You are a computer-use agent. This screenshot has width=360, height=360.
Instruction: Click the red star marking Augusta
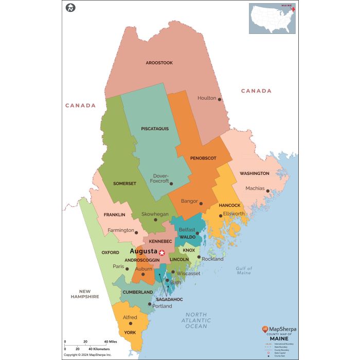click(x=162, y=252)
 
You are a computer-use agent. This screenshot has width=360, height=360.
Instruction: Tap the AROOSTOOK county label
click(x=159, y=63)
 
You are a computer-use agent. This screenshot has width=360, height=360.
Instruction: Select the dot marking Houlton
click(x=220, y=99)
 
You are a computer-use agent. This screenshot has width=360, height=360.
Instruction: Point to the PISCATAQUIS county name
click(x=155, y=129)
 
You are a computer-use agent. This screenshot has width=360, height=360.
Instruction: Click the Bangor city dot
click(x=201, y=203)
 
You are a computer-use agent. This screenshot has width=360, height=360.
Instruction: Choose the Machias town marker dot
click(x=268, y=191)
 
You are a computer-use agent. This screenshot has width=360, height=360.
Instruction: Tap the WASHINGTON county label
click(x=254, y=173)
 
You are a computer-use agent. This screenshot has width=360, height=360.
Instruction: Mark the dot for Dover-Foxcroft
click(x=171, y=184)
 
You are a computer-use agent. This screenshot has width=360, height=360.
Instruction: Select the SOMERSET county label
click(x=124, y=183)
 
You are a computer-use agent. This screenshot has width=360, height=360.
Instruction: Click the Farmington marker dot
click(x=136, y=232)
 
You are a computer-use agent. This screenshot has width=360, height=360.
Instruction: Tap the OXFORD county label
click(x=111, y=253)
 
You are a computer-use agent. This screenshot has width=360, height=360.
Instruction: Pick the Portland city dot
click(x=150, y=304)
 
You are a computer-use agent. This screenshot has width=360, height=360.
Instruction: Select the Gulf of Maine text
click(x=244, y=271)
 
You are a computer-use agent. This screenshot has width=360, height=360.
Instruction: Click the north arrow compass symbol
click(x=70, y=8)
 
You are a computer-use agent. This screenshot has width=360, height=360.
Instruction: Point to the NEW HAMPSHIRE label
click(x=85, y=294)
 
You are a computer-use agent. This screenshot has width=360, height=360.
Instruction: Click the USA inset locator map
click(x=273, y=19)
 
